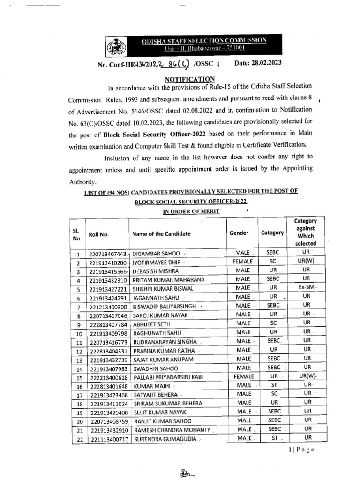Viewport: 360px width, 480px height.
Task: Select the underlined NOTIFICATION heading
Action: pyautogui.click(x=189, y=79)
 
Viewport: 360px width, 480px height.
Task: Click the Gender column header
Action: pyautogui.click(x=239, y=233)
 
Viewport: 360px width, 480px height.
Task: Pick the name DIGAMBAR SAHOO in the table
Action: pyautogui.click(x=155, y=253)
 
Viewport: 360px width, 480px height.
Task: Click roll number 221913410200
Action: pyautogui.click(x=108, y=262)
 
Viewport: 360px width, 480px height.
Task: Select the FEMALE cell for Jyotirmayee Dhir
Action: pyautogui.click(x=243, y=262)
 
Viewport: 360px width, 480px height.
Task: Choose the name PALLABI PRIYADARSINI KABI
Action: pyautogui.click(x=169, y=376)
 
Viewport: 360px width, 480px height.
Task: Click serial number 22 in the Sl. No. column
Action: pyautogui.click(x=79, y=439)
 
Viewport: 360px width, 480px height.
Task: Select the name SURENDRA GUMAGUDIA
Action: pyautogui.click(x=165, y=439)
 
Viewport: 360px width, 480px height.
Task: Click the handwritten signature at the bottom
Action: pyautogui.click(x=187, y=473)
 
